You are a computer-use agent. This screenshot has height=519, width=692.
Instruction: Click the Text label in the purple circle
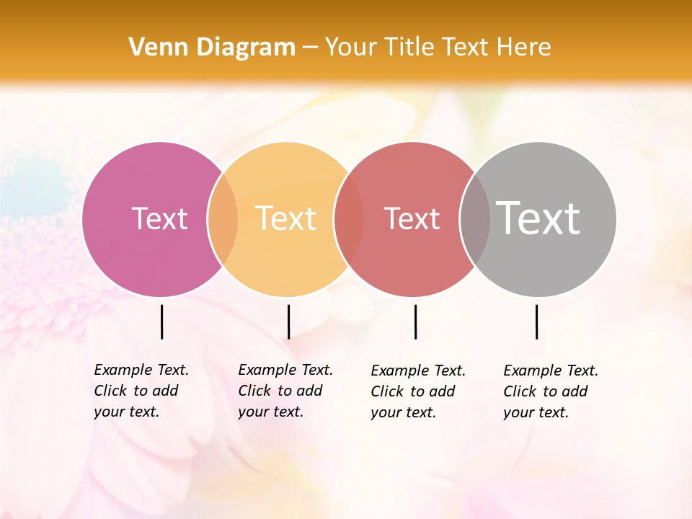pos(159,218)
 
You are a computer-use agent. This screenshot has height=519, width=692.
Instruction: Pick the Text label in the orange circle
pos(286,218)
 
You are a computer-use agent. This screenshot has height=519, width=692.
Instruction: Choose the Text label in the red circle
pos(412,218)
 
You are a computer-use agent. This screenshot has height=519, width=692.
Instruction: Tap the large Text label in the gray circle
pos(538,218)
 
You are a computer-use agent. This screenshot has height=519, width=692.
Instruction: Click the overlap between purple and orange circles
pos(223,219)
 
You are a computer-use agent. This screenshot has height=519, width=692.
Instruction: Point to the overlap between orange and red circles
pos(349,219)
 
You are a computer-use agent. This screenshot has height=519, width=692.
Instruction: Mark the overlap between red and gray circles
pos(475,219)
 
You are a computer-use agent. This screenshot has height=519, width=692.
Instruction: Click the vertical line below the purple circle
pos(161,321)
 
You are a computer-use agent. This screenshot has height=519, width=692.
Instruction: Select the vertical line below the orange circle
pos(288,321)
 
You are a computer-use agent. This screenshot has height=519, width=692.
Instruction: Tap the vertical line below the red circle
pos(415,321)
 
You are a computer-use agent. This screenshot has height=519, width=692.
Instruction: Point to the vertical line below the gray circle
pos(536,321)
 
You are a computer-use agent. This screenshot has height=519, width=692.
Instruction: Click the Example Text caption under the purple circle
pos(141,391)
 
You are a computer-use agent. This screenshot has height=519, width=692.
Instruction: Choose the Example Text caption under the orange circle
pos(285,391)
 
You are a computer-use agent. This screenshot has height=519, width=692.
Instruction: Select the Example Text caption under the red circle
pos(418,391)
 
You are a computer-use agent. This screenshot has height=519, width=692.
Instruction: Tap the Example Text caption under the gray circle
pos(551,391)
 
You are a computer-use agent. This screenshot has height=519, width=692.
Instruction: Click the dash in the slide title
pos(310,48)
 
